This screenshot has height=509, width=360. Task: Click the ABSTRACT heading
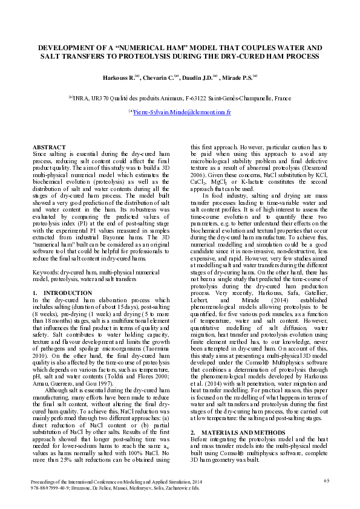(48, 147)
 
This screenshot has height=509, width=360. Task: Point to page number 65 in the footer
(326, 481)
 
